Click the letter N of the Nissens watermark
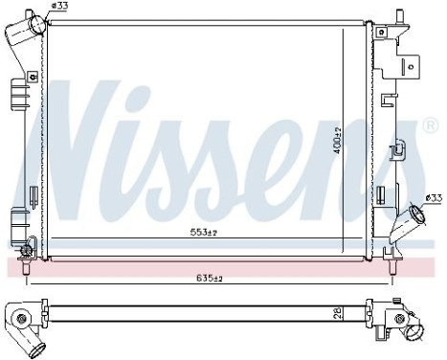[x=86, y=144]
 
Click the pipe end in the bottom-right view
[x=415, y=333]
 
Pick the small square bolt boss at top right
[x=382, y=32]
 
